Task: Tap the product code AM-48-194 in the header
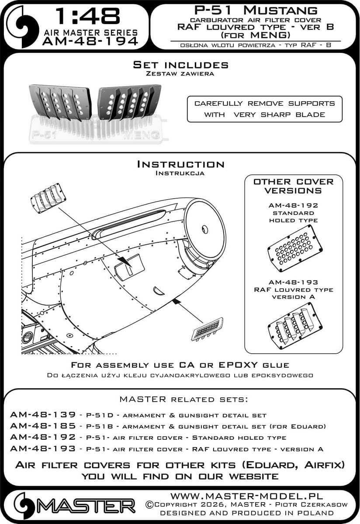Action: (90, 41)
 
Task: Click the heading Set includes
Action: (180, 65)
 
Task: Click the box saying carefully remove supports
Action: (264, 109)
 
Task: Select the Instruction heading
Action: (180, 164)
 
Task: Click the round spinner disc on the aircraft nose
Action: (204, 222)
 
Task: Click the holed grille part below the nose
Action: (207, 329)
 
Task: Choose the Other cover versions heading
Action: (293, 186)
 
